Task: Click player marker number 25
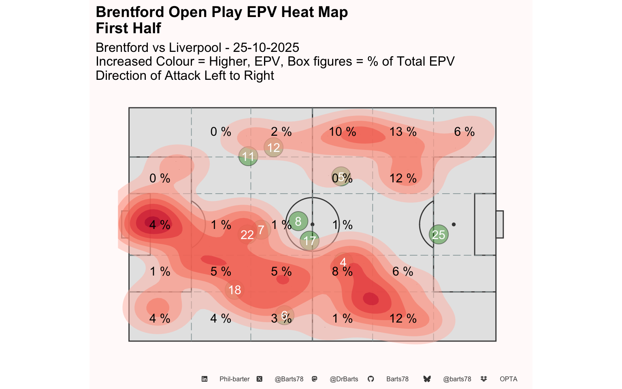(x=439, y=235)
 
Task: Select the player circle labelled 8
(x=298, y=221)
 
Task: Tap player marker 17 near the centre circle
(x=310, y=241)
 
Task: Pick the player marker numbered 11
(x=248, y=156)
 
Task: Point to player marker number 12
(x=273, y=147)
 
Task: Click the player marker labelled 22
(x=247, y=235)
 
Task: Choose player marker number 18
(x=234, y=290)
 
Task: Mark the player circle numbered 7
(x=261, y=230)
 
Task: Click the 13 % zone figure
(x=403, y=132)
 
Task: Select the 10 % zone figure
(x=342, y=132)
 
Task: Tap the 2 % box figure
(x=281, y=132)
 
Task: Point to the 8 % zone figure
(x=342, y=271)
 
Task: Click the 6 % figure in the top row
(x=464, y=132)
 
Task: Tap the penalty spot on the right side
(x=454, y=224)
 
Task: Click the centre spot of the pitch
(x=312, y=224)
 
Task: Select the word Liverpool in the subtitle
(x=195, y=47)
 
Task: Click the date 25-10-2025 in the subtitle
(x=266, y=47)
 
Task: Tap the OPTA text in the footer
(x=508, y=379)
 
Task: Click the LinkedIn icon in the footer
(x=204, y=379)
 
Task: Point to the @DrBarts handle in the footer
(x=344, y=379)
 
